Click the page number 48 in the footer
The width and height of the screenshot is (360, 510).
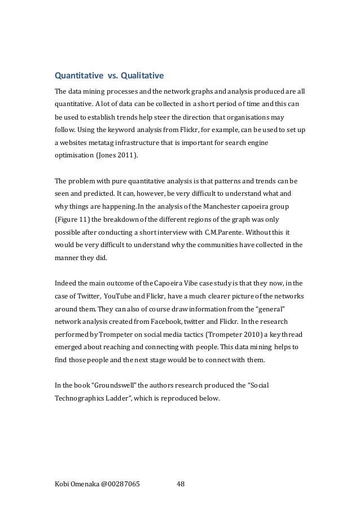(x=181, y=483)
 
